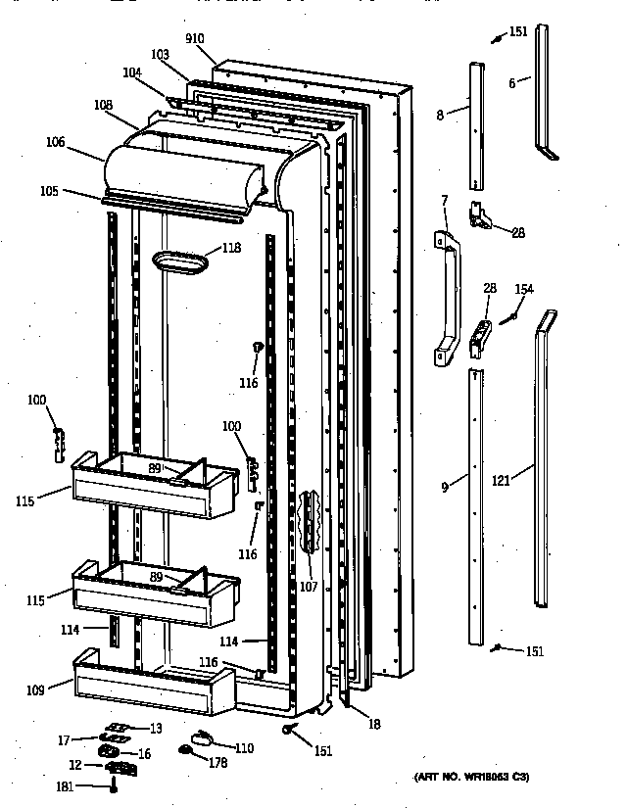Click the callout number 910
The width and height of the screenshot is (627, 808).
[195, 38]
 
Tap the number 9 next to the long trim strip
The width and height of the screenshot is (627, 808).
[444, 486]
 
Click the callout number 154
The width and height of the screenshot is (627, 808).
[524, 289]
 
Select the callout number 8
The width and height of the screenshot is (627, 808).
[440, 115]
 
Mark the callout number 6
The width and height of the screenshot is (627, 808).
[511, 83]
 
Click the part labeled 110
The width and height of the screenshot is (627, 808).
[200, 740]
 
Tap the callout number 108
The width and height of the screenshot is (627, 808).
[103, 104]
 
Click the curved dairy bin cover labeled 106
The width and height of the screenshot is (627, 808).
[181, 171]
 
